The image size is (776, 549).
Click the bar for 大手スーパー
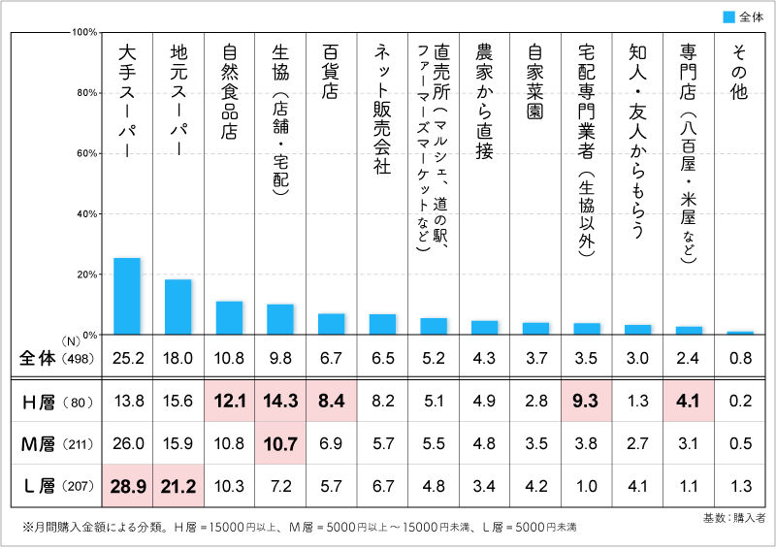coord(127,297)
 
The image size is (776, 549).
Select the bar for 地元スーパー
coord(178,307)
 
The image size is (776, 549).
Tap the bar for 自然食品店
coord(229,318)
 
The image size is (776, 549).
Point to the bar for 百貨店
coord(332,324)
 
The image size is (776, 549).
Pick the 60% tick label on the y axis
coord(83,153)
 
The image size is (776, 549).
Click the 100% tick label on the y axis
coord(81,32)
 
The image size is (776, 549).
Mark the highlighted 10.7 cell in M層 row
coord(280,442)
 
